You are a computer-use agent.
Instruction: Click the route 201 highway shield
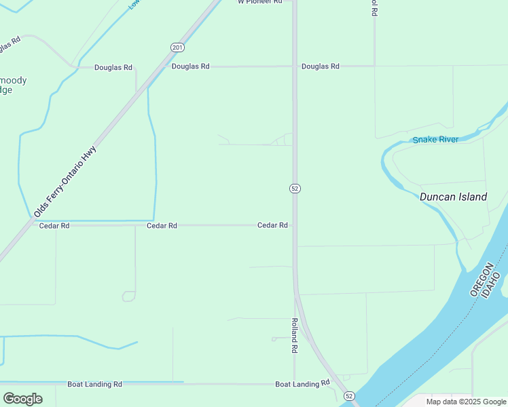click(x=177, y=47)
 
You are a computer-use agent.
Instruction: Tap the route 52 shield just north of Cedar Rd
click(x=295, y=188)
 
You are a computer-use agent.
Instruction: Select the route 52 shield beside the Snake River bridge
click(x=349, y=395)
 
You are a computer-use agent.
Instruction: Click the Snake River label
click(x=435, y=140)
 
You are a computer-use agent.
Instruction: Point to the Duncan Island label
click(x=453, y=197)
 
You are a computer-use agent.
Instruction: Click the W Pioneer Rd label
click(x=259, y=2)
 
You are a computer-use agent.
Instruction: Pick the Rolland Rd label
click(x=295, y=336)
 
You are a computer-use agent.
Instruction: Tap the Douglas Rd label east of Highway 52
click(x=321, y=66)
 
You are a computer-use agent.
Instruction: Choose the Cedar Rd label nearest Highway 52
click(x=272, y=225)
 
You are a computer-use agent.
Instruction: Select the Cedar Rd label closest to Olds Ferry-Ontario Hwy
click(x=54, y=225)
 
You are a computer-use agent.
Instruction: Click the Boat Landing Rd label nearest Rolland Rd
click(x=302, y=384)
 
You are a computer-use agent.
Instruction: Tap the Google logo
click(x=22, y=398)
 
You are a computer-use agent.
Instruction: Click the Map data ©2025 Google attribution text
click(x=466, y=402)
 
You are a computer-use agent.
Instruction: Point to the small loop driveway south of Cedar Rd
click(x=128, y=296)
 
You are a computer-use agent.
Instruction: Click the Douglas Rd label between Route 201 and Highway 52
click(x=191, y=66)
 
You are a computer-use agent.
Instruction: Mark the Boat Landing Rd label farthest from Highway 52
click(x=94, y=384)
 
